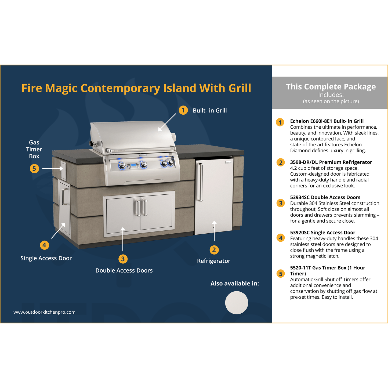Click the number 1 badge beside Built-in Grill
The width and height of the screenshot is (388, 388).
(x=183, y=110)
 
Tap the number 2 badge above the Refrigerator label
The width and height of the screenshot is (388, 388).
(x=214, y=250)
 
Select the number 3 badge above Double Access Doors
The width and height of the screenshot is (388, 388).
(x=123, y=259)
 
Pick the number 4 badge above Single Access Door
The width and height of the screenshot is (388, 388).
(x=44, y=245)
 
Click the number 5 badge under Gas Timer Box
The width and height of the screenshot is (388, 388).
(x=34, y=169)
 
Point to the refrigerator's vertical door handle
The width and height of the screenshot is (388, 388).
(x=200, y=182)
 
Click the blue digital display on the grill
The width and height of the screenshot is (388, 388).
(x=133, y=165)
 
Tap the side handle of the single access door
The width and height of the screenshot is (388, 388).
(x=65, y=197)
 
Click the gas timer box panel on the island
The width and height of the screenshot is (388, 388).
(x=63, y=171)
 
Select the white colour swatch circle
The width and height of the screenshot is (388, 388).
(x=237, y=303)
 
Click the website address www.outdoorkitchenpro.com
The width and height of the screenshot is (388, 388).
(x=44, y=312)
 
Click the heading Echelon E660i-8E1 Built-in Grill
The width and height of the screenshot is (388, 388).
(x=327, y=121)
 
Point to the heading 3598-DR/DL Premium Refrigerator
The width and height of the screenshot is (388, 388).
(x=331, y=162)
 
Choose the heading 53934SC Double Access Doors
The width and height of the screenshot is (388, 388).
(x=325, y=197)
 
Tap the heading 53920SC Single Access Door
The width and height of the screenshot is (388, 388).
(x=322, y=232)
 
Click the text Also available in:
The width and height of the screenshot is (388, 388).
(x=235, y=283)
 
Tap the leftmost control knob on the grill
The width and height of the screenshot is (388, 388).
(x=122, y=166)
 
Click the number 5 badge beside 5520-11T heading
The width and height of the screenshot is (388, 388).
(x=281, y=274)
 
